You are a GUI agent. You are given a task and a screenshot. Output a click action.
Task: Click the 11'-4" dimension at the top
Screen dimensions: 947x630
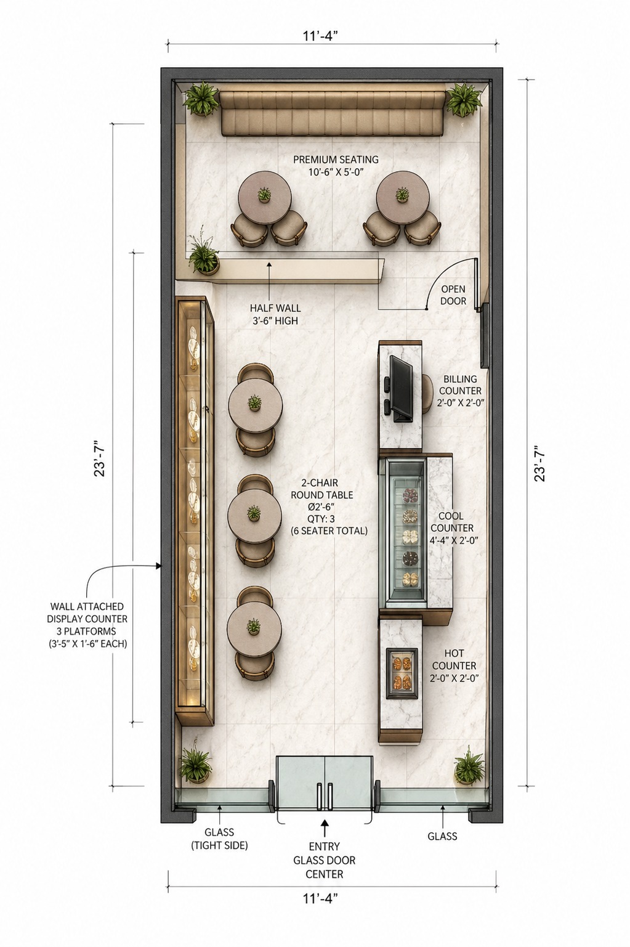pos(320,36)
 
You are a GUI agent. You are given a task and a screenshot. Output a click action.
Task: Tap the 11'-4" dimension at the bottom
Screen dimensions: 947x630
pos(320,898)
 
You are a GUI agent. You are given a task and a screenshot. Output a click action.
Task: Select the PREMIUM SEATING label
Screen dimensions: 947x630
pos(336,165)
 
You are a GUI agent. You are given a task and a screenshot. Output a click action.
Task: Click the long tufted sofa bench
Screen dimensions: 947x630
pos(333,113)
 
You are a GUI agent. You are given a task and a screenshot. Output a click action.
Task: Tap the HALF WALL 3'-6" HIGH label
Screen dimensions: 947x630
pos(275,314)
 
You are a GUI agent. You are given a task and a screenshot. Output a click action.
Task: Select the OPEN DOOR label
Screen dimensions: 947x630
pos(453,295)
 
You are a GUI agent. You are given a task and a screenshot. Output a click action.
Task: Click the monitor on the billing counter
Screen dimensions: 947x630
pos(400,389)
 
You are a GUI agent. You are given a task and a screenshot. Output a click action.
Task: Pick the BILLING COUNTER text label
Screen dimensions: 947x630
pos(461,391)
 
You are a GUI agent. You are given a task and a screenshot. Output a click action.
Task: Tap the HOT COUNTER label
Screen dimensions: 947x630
pos(454,665)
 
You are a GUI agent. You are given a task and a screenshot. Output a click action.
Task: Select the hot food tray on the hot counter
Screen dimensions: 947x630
pos(402,673)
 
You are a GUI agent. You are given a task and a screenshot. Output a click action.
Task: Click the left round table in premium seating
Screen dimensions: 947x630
pos(265,198)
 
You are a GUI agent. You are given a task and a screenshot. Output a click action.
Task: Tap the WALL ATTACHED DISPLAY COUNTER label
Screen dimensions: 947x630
pos(87,625)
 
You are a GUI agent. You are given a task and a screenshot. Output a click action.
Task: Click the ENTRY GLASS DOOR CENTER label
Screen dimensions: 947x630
pos(324,860)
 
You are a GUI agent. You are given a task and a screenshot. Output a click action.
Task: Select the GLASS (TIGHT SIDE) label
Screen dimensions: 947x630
pos(219,839)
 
